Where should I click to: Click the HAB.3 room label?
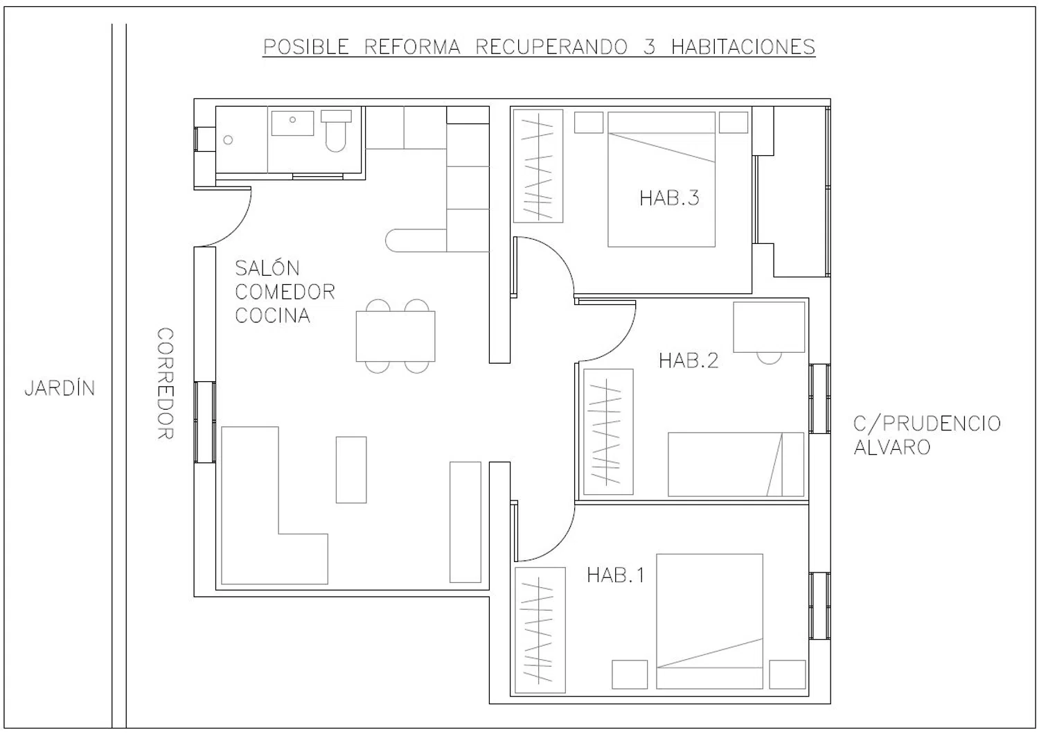[669, 198]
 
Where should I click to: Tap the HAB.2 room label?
[689, 360]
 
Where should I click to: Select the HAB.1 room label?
[616, 576]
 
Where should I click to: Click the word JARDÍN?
[60, 388]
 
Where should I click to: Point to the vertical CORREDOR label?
[165, 383]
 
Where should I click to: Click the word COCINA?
[273, 315]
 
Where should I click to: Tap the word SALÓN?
[267, 268]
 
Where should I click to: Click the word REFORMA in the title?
[412, 47]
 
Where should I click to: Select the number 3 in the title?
[649, 47]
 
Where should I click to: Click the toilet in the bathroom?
[336, 131]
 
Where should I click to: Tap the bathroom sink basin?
[292, 123]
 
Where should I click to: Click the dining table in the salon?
[396, 336]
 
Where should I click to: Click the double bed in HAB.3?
[661, 180]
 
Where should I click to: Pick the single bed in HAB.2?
[736, 464]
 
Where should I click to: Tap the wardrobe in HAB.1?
[540, 630]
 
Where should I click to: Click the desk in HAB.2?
[769, 327]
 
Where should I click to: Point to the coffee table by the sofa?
[351, 470]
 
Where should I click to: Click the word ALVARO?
[892, 448]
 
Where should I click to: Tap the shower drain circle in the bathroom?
[228, 140]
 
